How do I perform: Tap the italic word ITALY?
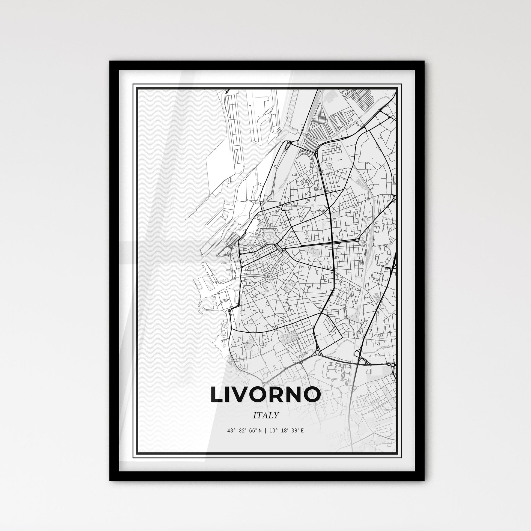265,415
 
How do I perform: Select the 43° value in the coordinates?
231,431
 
